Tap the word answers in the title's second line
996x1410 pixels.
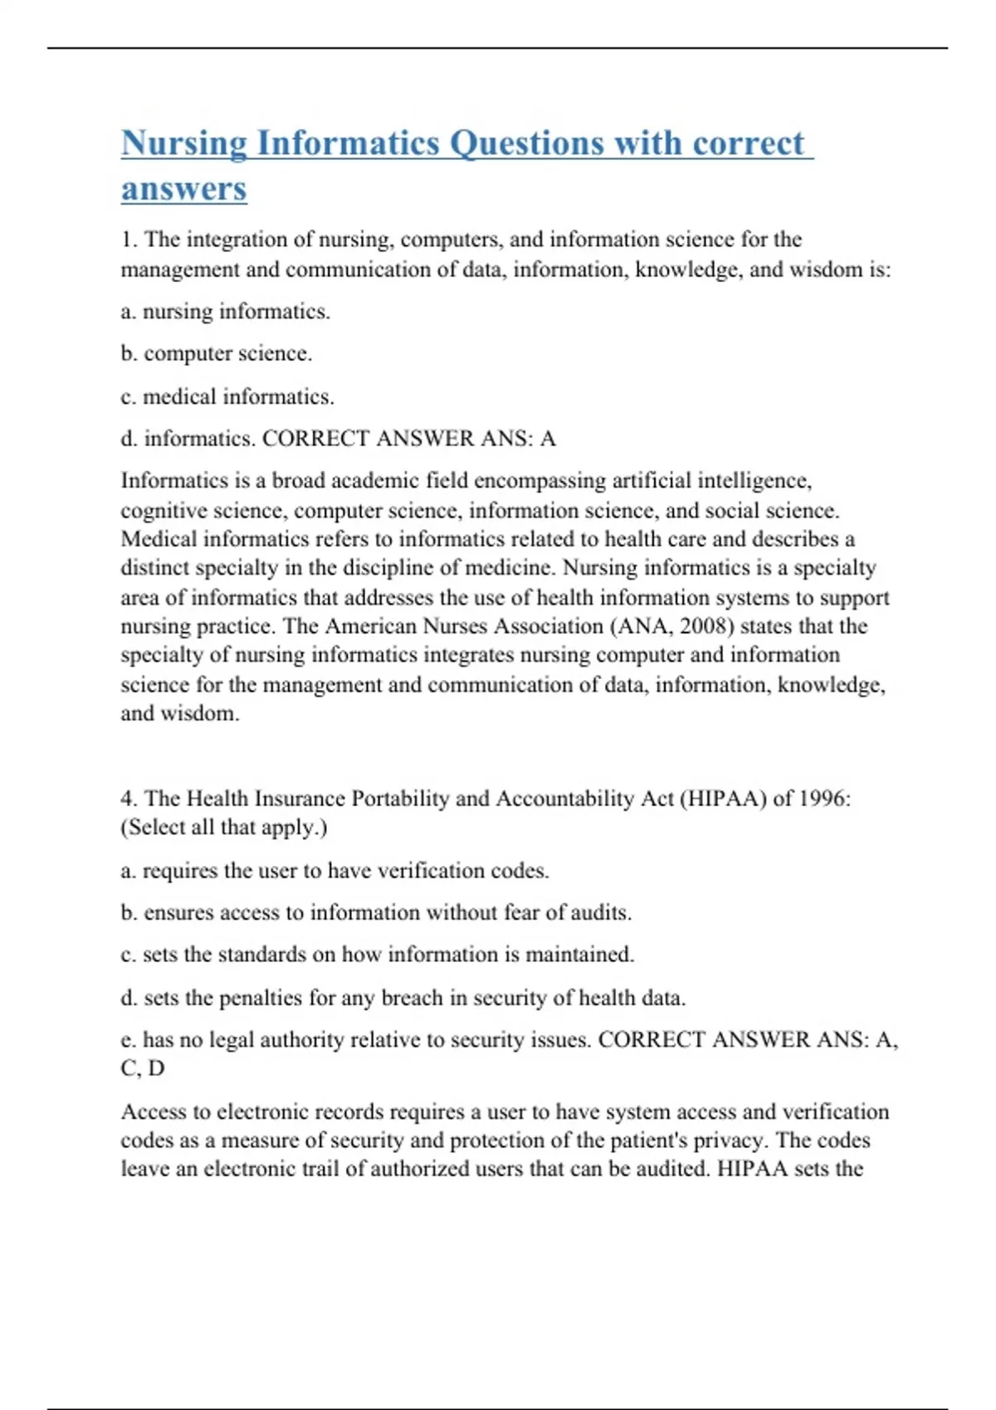(x=184, y=189)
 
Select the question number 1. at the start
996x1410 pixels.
(x=129, y=240)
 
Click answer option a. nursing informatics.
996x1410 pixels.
(x=226, y=312)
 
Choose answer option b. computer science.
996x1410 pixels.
(x=217, y=354)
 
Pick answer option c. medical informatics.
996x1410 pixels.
(x=227, y=397)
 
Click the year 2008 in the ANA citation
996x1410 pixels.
(x=707, y=626)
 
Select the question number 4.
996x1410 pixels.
(x=129, y=799)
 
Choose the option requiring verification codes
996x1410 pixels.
(x=334, y=871)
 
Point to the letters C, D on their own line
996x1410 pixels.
(x=143, y=1068)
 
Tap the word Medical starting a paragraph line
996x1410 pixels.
(x=159, y=539)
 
